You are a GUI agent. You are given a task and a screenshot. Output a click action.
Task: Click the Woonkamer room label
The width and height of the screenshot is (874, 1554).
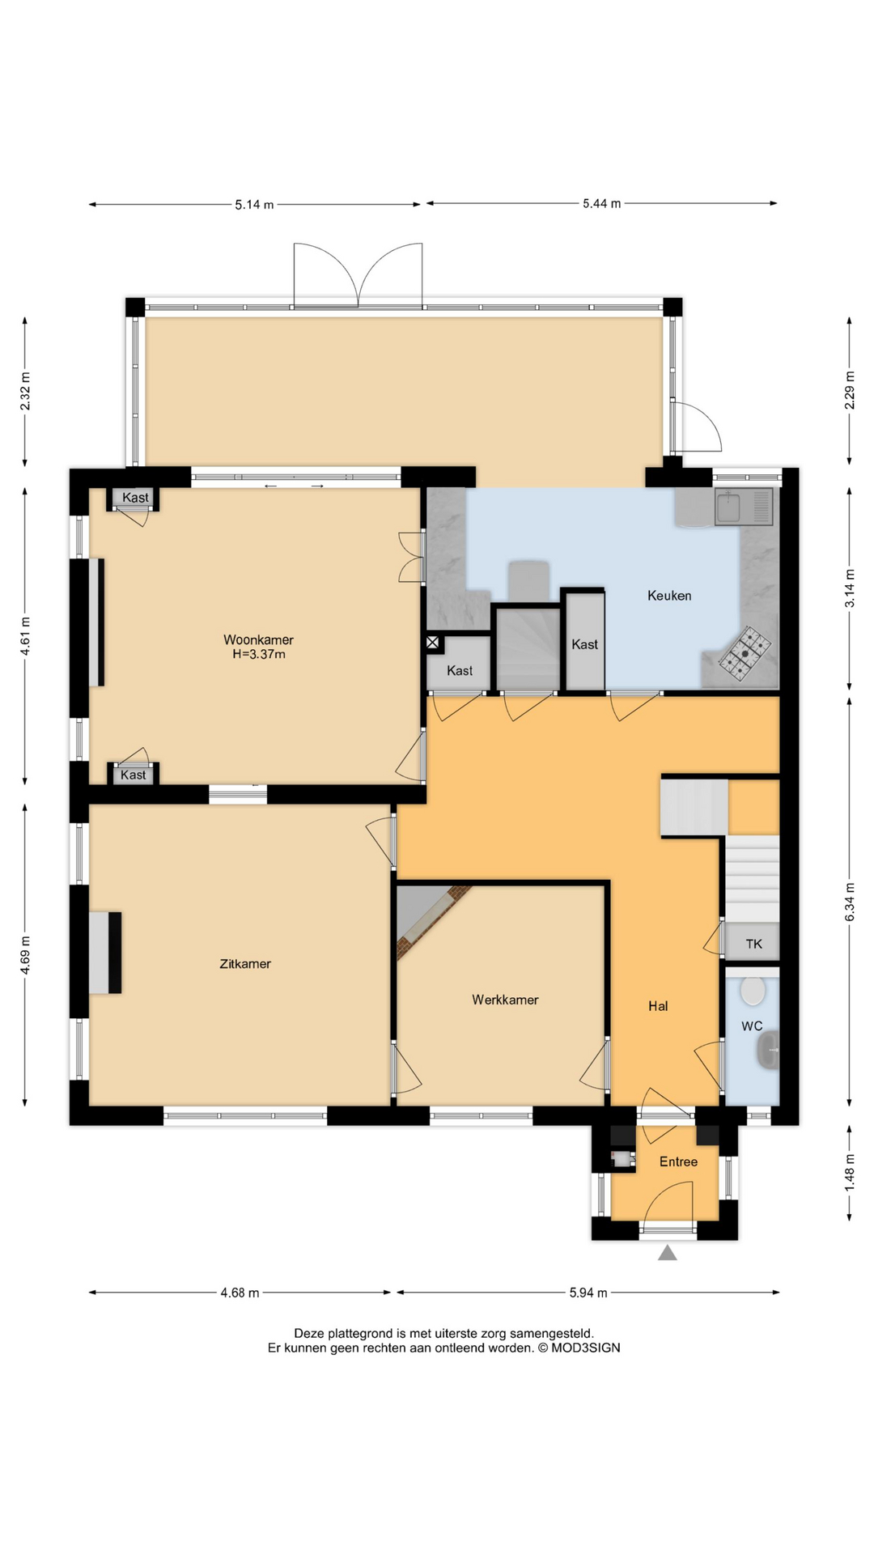258,640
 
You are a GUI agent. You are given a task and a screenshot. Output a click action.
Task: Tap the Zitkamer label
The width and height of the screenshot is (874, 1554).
245,964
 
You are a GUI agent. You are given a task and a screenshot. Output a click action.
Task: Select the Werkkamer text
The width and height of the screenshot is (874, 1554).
505,1000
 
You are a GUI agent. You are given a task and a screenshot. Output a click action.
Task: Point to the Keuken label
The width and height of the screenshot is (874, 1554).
669,596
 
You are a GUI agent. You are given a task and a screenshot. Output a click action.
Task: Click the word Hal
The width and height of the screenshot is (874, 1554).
658,1006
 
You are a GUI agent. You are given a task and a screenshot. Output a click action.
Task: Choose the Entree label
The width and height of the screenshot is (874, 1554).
678,1161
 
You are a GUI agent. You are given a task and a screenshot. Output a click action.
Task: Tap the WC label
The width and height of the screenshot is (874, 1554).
752,1026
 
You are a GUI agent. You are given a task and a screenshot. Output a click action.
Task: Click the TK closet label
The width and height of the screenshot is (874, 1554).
753,944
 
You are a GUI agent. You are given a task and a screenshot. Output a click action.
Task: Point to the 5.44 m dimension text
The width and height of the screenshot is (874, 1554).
601,204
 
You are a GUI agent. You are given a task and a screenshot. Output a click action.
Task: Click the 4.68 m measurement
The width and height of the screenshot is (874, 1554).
240,1293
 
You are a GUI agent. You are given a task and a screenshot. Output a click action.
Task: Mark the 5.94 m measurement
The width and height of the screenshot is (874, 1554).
588,1293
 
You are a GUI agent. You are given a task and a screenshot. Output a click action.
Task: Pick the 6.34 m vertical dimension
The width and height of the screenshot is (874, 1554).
850,902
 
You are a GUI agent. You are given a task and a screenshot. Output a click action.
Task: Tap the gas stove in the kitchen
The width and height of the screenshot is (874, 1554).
745,652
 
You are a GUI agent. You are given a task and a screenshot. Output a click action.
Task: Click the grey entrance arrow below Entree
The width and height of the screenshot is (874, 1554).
667,1254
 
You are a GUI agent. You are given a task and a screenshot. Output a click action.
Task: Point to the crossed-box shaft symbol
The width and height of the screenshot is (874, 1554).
433,643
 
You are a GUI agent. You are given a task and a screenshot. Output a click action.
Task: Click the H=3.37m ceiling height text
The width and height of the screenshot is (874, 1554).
258,654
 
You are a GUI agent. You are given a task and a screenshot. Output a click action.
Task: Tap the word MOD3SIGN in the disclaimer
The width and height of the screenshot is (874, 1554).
586,1348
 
